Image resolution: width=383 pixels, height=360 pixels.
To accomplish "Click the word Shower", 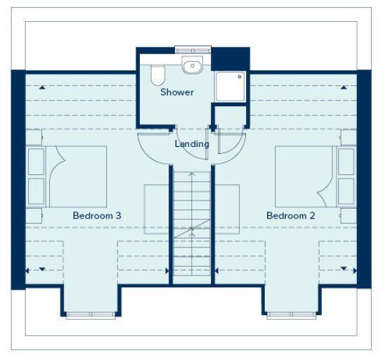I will pos(176,92).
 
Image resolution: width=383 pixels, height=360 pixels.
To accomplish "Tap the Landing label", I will pos(192,144).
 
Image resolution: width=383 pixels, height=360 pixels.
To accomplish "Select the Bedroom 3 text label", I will pos(97,215).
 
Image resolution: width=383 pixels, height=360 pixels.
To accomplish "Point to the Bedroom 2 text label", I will pos(290,215).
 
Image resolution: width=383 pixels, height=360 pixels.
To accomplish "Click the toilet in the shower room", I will pos(157,74).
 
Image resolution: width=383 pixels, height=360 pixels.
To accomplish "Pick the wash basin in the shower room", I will pos(190,67).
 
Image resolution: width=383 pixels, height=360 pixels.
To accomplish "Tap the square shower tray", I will pos(230,86).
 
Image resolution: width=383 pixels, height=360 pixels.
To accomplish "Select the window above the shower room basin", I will pos(193,49).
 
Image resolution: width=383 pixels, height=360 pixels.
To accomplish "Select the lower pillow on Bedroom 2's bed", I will pos(345,191).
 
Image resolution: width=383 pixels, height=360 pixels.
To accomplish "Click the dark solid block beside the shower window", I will pos(231,58).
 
